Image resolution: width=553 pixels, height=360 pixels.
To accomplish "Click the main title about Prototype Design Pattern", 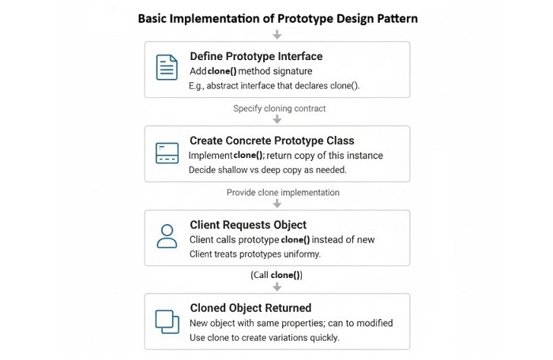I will point(276,18).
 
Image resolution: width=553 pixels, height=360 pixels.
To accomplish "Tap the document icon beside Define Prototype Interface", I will point(167,69).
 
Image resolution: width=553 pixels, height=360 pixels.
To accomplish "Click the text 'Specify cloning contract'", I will point(279,108).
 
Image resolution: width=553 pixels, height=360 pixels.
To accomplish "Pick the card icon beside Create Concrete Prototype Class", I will point(167,153).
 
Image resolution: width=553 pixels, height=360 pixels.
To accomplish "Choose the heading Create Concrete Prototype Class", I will point(271,141).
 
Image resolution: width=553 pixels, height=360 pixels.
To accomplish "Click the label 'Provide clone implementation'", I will point(283,192).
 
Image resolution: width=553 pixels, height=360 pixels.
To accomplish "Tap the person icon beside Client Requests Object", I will point(167,236).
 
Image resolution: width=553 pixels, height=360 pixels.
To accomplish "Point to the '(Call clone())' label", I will point(276,275).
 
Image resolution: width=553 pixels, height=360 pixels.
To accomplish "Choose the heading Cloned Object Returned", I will point(250,308).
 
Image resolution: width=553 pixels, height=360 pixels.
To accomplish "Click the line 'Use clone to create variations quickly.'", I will point(265,337).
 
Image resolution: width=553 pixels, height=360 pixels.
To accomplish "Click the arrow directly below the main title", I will point(276,34).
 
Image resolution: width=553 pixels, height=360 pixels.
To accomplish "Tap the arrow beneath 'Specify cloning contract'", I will point(276,119).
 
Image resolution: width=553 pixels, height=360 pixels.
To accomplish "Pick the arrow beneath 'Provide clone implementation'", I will point(276,203).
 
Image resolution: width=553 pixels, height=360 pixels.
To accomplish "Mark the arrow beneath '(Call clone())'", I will point(276,287).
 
